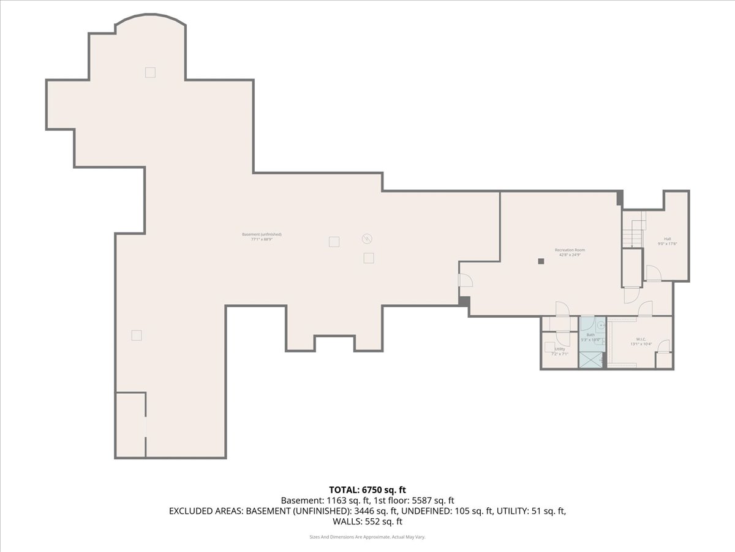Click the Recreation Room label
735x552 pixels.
tap(570, 250)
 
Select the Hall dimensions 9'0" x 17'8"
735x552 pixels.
tap(667, 244)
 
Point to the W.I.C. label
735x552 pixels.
tap(641, 339)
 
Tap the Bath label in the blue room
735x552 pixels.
tap(590, 335)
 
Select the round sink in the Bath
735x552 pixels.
tap(601, 326)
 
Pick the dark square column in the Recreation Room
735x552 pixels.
tap(541, 261)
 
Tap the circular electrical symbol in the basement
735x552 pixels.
tap(367, 239)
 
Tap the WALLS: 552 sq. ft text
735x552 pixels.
tap(367, 522)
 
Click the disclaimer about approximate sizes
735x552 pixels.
tap(367, 537)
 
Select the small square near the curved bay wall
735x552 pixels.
tap(150, 72)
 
